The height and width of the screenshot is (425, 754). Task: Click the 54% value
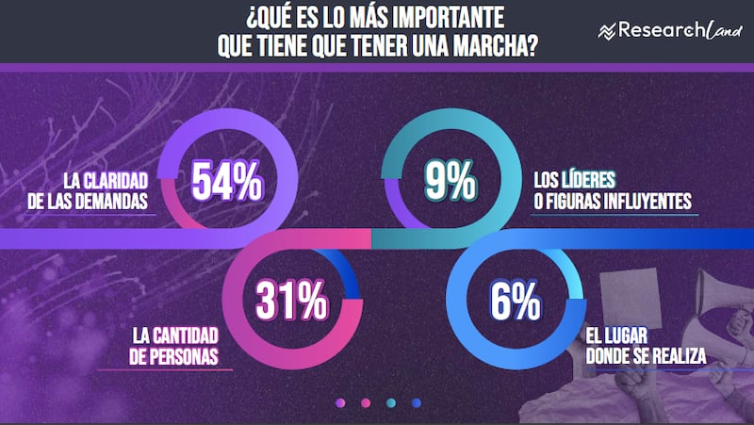(x=227, y=182)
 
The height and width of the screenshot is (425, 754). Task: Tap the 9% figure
(x=450, y=182)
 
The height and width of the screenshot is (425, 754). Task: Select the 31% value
(x=291, y=303)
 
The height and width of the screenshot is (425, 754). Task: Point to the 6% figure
(x=515, y=303)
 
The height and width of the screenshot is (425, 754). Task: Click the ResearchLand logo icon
(x=606, y=32)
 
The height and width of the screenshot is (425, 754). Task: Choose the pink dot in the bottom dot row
(x=365, y=403)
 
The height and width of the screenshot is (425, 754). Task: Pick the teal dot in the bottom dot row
(x=390, y=403)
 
